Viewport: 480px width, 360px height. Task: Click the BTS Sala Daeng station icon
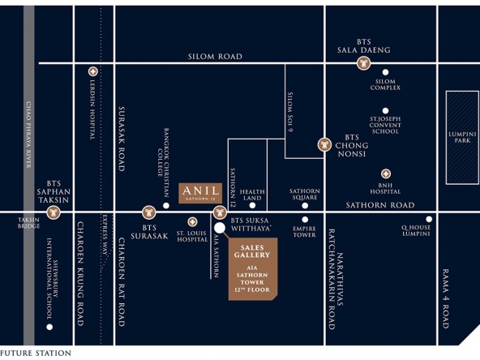pos(364,64)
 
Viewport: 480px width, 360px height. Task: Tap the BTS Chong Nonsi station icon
pos(324,145)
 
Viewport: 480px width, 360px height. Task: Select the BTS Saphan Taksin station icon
pos(54,212)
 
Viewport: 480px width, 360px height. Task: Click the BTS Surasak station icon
pos(149,212)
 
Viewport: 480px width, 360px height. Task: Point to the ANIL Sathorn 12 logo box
pos(200,193)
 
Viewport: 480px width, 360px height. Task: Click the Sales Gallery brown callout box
pos(253,268)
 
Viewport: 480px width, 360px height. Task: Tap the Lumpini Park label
pos(462,137)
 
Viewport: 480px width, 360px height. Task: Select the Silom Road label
pos(215,56)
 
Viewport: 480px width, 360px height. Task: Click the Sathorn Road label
pos(380,205)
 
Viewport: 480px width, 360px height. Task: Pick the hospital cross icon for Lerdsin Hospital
pos(93,71)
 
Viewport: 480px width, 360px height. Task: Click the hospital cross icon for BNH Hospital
pos(386,174)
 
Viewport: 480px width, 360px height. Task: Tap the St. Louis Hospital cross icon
pos(192,222)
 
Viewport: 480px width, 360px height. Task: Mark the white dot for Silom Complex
pos(385,72)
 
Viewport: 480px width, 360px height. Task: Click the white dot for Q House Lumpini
pos(429,219)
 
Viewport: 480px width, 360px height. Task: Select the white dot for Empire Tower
pos(305,220)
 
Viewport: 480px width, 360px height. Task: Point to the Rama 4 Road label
pos(446,298)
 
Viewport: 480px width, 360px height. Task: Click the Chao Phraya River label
pos(28,135)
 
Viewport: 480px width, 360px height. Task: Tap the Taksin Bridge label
pos(28,223)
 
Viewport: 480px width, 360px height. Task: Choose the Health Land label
pos(252,195)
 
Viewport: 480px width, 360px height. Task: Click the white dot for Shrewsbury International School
pos(49,327)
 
